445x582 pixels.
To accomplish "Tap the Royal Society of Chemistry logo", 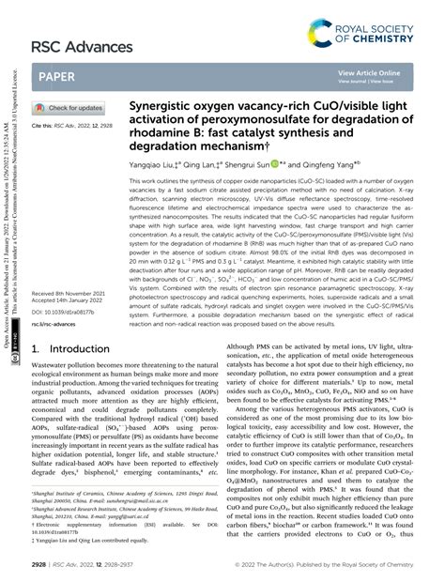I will click(x=367, y=34).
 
